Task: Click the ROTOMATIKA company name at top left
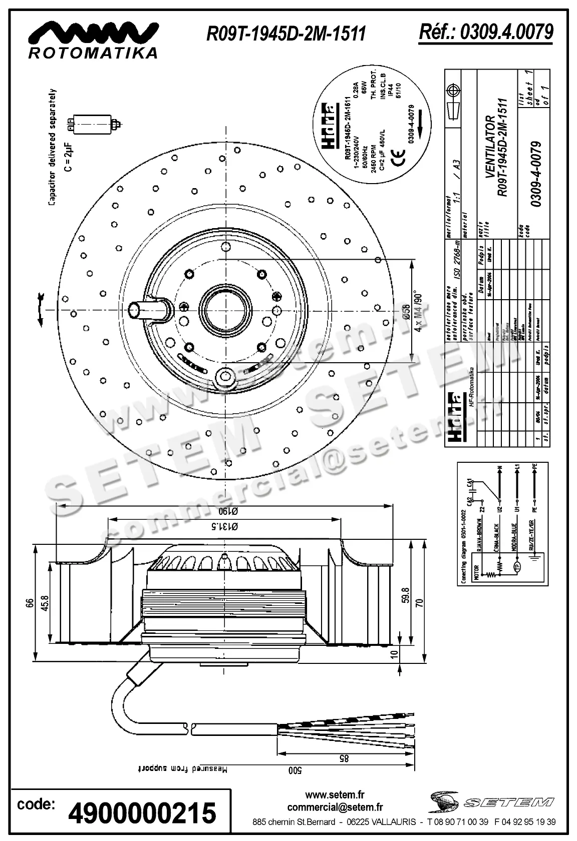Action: tap(93, 53)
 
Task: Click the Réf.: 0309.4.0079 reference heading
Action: tap(486, 33)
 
